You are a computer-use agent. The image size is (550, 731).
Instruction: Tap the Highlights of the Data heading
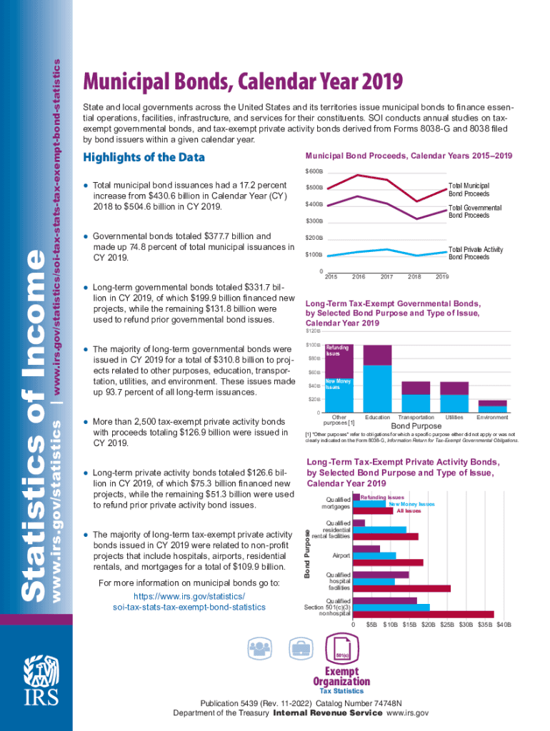tap(144, 157)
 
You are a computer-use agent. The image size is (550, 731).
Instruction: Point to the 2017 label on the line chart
tap(386, 276)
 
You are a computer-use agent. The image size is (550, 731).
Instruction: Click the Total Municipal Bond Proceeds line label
tap(469, 189)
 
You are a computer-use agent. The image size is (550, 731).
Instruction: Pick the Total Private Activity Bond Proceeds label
tap(476, 253)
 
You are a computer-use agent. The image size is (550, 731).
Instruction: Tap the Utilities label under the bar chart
tap(454, 417)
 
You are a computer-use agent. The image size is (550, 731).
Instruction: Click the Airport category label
tap(341, 555)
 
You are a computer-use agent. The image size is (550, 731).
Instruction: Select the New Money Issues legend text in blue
tap(411, 504)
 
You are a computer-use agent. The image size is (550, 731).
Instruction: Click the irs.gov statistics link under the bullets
tap(189, 602)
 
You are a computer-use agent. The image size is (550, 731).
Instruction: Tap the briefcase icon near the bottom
tap(300, 648)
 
